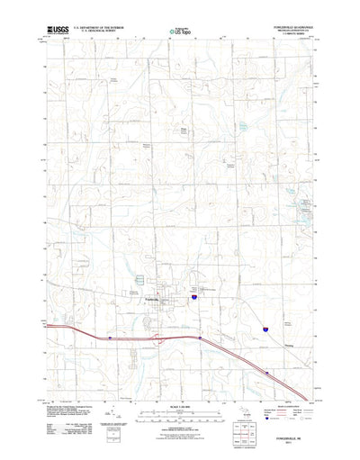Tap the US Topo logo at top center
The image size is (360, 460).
point(179,32)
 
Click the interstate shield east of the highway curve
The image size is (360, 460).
point(265,331)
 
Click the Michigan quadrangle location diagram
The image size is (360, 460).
point(247,410)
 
